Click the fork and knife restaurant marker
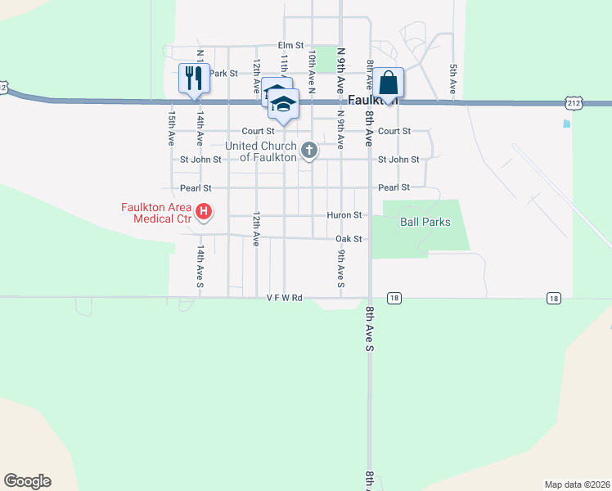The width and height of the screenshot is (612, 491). (194, 79)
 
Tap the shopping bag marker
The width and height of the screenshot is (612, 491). (389, 83)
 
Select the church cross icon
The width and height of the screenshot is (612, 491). (308, 150)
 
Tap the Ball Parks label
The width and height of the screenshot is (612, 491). (425, 222)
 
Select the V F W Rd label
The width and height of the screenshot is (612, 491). (285, 298)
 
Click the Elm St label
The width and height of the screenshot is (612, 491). (290, 45)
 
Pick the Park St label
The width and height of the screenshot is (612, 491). (223, 73)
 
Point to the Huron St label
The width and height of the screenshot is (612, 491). (344, 215)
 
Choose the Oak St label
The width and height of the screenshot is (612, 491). (349, 239)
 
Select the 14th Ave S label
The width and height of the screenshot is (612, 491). (200, 265)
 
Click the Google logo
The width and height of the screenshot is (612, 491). (27, 481)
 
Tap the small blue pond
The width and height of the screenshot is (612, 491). (566, 124)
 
